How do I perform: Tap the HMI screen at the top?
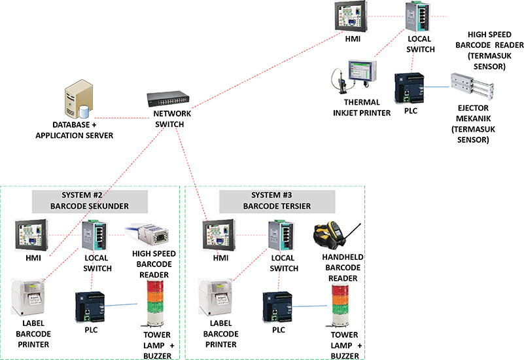[352, 18]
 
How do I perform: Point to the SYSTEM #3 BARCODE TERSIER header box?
[277, 200]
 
